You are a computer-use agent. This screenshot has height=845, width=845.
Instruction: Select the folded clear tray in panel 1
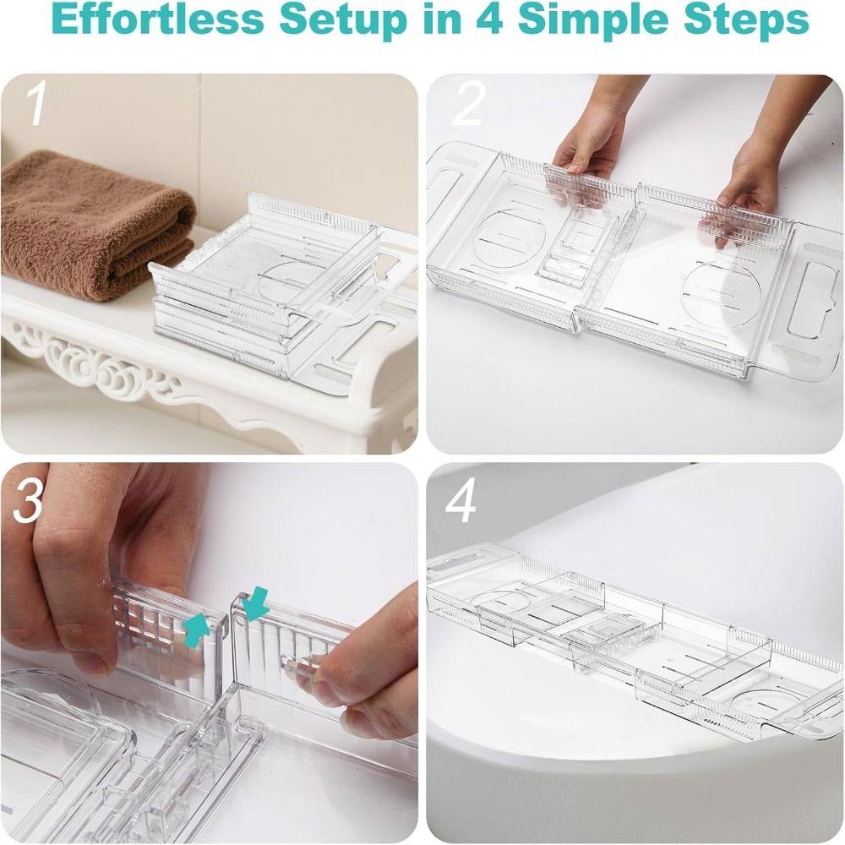click(x=279, y=296)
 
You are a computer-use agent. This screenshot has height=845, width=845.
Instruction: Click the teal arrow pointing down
click(x=254, y=603)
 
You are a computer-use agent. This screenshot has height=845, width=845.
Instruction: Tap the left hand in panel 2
click(x=591, y=139)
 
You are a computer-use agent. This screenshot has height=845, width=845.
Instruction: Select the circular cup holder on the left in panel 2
click(x=509, y=237)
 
